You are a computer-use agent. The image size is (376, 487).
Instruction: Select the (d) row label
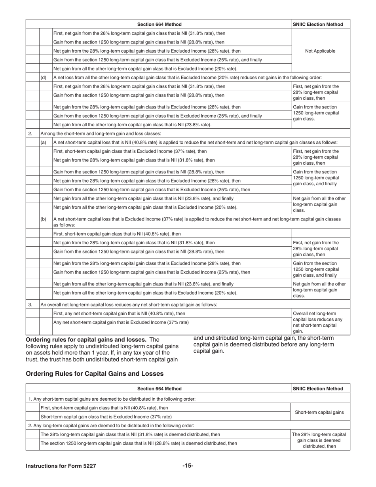[x=44, y=77]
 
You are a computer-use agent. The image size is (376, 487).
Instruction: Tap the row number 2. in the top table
[x=30, y=133]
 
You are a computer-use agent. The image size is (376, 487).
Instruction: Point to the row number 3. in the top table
[x=30, y=304]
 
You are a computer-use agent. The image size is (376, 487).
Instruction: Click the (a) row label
[x=44, y=142]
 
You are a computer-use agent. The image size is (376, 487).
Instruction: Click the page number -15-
[x=188, y=466]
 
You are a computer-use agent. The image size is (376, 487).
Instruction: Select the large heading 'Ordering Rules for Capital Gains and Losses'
[x=94, y=373]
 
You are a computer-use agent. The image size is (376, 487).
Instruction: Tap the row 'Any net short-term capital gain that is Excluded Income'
[x=121, y=322]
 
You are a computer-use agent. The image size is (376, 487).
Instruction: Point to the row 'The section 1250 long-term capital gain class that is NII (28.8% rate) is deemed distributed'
[x=139, y=443]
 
